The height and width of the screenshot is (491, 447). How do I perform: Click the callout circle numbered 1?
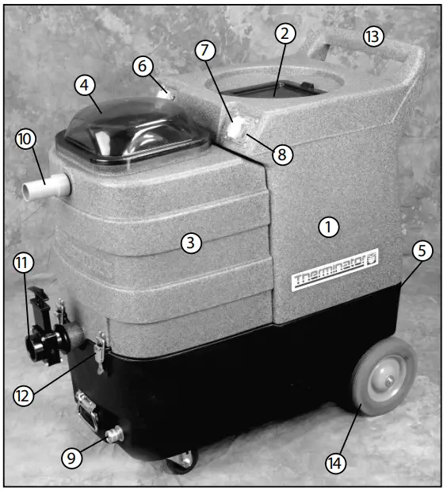[328, 226]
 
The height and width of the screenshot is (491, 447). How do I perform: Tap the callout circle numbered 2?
[286, 33]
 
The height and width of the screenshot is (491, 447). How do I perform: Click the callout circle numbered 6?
[143, 67]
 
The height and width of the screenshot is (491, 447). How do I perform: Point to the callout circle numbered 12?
[25, 394]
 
